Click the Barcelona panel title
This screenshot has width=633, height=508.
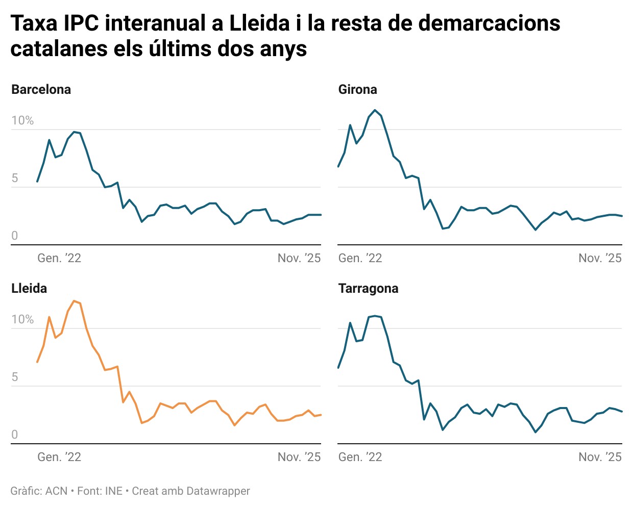tap(41, 90)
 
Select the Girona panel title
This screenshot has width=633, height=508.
tap(357, 90)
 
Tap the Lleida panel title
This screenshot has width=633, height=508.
tap(29, 289)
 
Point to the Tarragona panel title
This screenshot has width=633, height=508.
tap(368, 289)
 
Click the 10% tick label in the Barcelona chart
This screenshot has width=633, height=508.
tap(22, 121)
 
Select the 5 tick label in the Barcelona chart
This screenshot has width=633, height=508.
tap(15, 179)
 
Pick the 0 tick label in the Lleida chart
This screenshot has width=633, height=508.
tap(15, 435)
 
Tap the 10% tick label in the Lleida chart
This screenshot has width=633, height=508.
tap(22, 320)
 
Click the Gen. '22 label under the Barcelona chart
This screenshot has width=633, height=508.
tap(59, 259)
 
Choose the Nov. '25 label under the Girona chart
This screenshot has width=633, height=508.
tap(600, 259)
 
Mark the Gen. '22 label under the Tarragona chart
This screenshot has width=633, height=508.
tap(360, 458)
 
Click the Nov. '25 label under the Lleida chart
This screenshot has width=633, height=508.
tap(299, 458)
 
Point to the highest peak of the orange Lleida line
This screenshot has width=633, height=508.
tap(74, 301)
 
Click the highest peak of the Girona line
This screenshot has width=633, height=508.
tap(375, 110)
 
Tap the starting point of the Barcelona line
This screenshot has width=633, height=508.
tap(37, 182)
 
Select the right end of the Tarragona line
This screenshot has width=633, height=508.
tap(622, 412)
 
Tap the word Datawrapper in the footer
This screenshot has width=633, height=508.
tap(218, 491)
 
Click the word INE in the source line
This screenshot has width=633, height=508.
tap(114, 491)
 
